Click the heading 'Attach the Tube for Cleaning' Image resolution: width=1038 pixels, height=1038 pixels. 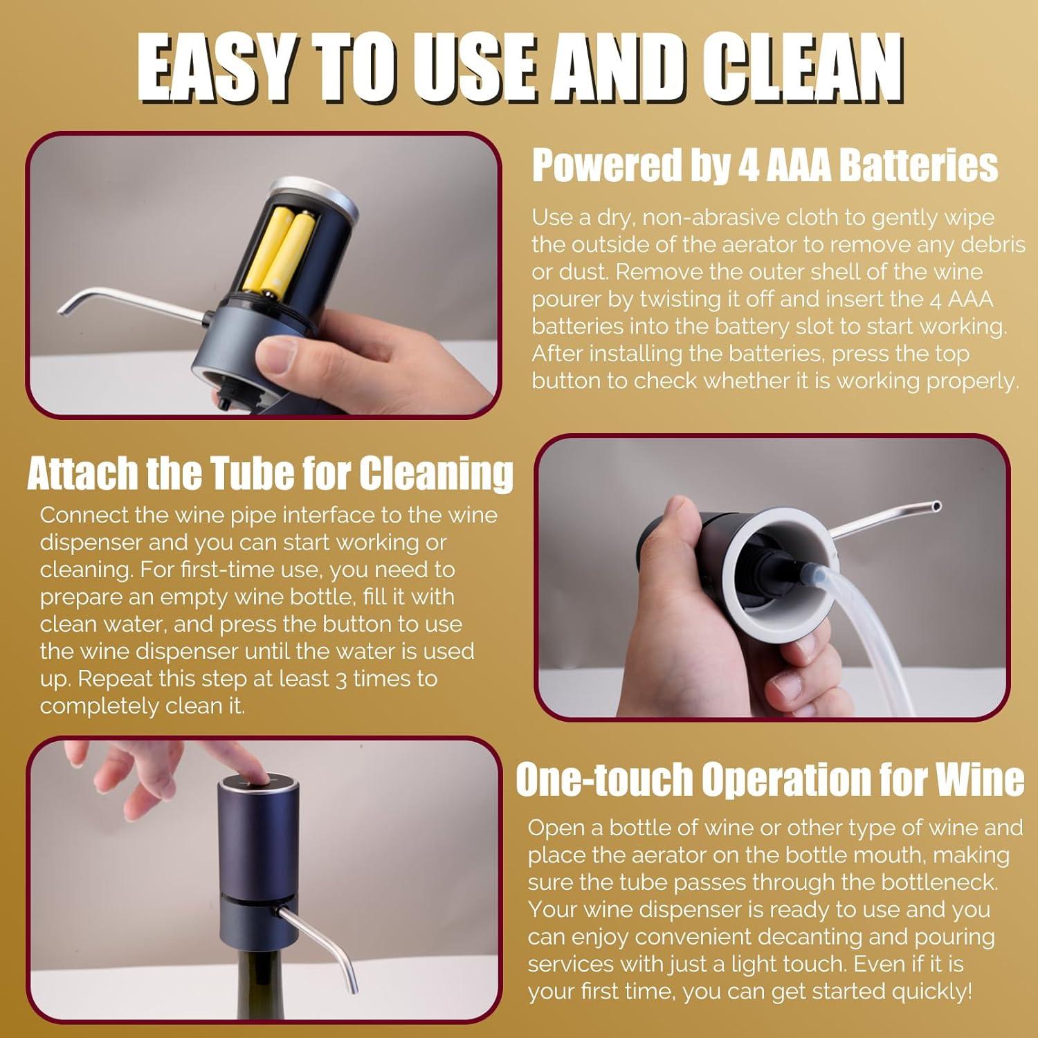tap(270, 473)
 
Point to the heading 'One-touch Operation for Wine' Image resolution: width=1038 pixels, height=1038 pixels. tap(770, 779)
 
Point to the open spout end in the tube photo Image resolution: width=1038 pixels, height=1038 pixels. tap(936, 507)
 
